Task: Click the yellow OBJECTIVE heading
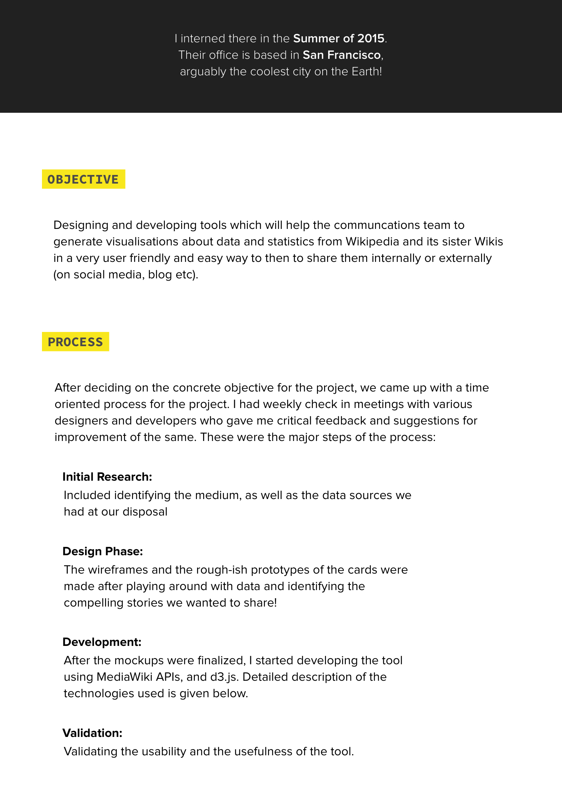(x=83, y=179)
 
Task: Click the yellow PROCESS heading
(x=75, y=342)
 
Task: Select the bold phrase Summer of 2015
(x=339, y=38)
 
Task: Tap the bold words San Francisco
(x=342, y=55)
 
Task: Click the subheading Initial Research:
(x=107, y=477)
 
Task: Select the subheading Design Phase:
(x=103, y=551)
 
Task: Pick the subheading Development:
(x=102, y=642)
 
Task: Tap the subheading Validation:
(x=93, y=733)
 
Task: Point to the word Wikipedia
(x=372, y=241)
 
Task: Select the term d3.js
(x=226, y=677)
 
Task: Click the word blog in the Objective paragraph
(x=160, y=275)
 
